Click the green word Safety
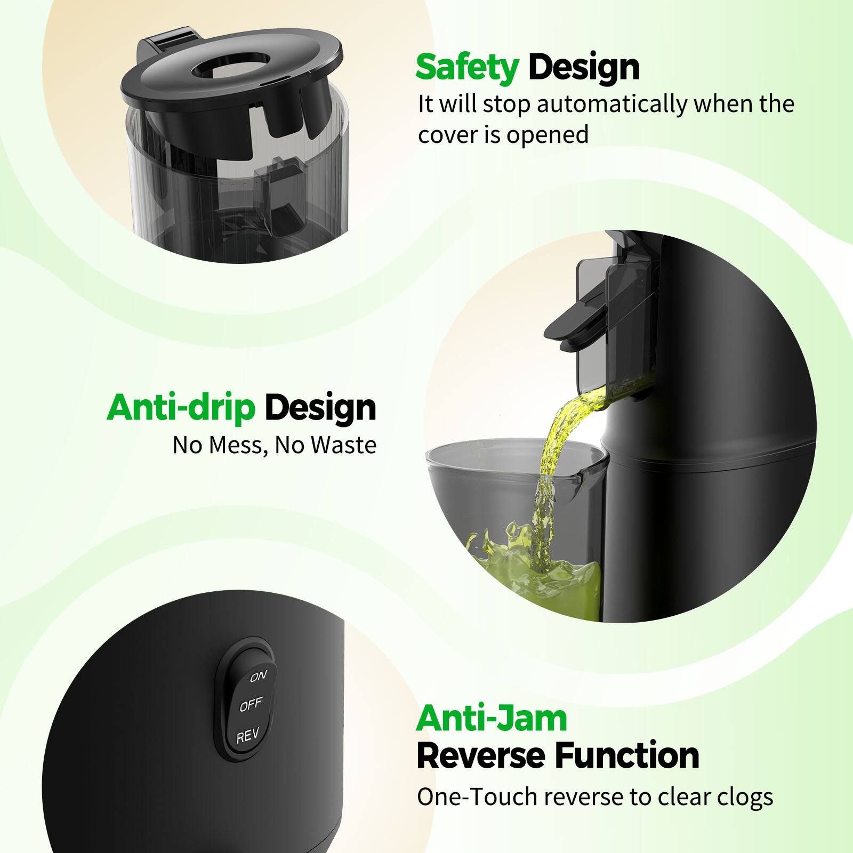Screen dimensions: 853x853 click(467, 68)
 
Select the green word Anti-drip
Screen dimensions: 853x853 click(181, 408)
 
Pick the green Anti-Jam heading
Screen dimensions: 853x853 click(492, 719)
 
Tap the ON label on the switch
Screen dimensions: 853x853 click(258, 676)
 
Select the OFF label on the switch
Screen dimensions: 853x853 click(251, 705)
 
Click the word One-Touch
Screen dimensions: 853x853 click(477, 797)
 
